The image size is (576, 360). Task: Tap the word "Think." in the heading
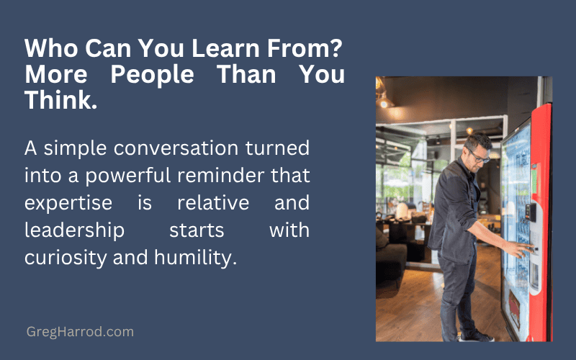60,101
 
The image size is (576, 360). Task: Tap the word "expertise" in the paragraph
69,204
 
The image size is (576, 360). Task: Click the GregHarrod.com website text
79,332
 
